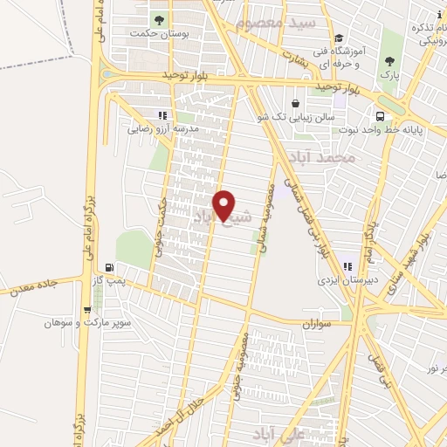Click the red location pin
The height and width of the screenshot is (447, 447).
tap(224, 206)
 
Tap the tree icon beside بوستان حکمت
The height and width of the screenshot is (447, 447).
tap(158, 20)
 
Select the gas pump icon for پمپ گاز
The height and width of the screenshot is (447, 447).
tap(108, 267)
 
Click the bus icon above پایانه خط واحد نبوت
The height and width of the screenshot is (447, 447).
tap(380, 116)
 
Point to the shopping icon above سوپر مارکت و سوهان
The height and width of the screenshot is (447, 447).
tap(86, 309)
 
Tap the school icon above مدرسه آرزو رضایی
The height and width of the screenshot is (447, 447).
tap(162, 114)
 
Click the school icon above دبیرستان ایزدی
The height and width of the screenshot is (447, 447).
tap(347, 266)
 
